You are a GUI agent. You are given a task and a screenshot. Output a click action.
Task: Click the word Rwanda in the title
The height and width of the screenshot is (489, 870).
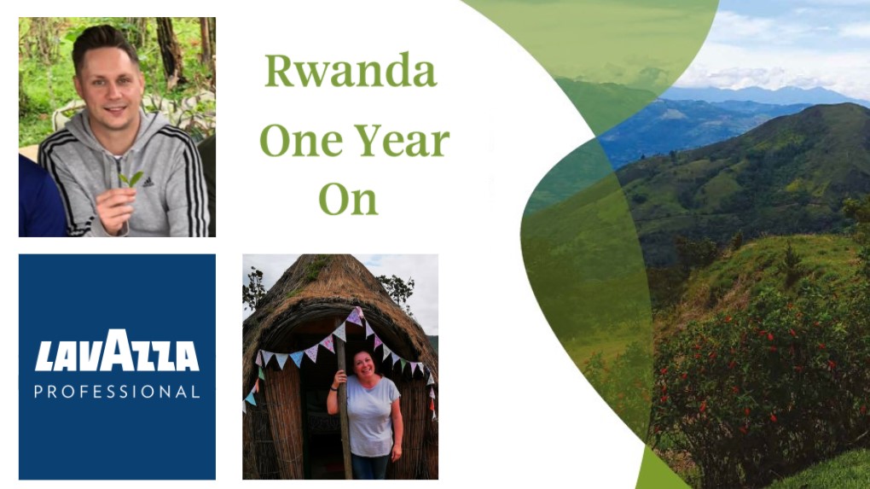pyautogui.click(x=350, y=72)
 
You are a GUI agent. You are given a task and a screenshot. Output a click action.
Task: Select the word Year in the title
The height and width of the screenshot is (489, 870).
pyautogui.click(x=395, y=141)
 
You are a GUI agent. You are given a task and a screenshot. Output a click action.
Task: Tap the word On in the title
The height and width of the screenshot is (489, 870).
pyautogui.click(x=348, y=199)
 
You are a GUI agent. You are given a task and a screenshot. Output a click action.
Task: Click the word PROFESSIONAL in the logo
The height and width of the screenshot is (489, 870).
pyautogui.click(x=117, y=393)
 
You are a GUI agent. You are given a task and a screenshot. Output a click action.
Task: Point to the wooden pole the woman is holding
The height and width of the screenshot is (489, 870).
pyautogui.click(x=344, y=410)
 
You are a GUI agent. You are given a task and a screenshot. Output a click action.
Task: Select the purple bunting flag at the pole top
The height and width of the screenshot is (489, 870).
pyautogui.click(x=354, y=317)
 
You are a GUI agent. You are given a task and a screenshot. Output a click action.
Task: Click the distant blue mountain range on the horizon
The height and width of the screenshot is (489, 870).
pyautogui.click(x=751, y=95)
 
